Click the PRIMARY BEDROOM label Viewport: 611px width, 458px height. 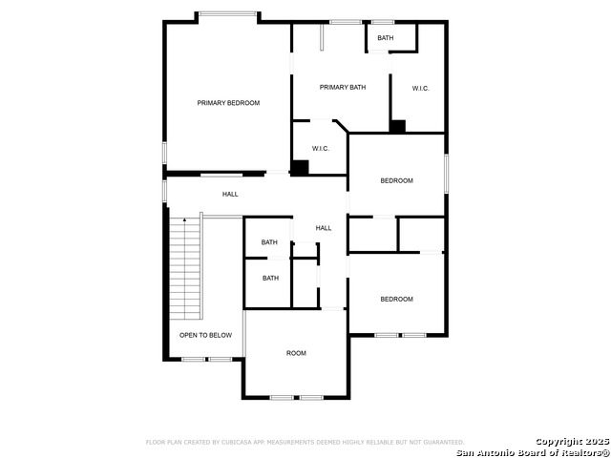point(228,103)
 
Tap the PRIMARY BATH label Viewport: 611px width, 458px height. point(342,88)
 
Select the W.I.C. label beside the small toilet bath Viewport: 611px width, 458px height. point(420,89)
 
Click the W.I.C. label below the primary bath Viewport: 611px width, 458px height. point(321,148)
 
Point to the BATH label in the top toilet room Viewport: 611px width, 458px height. point(385,38)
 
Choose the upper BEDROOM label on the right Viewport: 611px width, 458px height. point(396,180)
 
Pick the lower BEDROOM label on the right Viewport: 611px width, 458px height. point(396,299)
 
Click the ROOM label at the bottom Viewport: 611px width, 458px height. point(296,353)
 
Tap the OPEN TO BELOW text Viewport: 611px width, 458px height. point(205,335)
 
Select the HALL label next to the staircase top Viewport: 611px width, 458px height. point(230,195)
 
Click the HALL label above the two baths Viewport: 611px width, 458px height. point(324,228)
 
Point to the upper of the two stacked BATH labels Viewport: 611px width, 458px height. point(270,242)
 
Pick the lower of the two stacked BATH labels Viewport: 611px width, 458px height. point(271,279)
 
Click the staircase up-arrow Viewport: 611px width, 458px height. point(184,221)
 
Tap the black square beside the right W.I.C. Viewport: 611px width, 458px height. point(397,125)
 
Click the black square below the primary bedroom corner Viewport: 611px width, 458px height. point(300,167)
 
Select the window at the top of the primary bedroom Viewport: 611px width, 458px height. point(227,13)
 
